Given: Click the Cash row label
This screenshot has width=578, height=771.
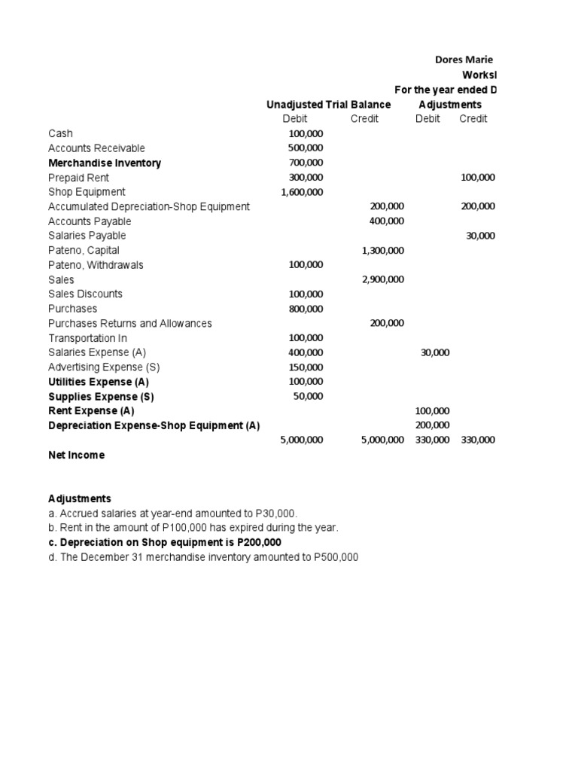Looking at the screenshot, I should click(x=60, y=133).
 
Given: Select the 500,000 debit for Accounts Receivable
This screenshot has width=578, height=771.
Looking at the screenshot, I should click(x=306, y=148).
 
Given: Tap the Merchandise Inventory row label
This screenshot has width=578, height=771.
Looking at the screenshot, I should click(x=105, y=163).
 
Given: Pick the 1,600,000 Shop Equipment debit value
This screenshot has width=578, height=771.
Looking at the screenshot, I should click(x=302, y=192).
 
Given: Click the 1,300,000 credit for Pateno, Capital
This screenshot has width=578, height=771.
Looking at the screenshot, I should click(x=383, y=250).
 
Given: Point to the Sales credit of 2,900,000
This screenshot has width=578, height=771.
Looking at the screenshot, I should click(x=383, y=279).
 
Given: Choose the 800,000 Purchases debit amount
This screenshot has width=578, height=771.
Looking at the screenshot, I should click(x=306, y=309).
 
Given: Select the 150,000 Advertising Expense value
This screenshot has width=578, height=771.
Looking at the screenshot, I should click(x=306, y=367).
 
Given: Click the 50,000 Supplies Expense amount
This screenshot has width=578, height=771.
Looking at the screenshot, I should click(x=308, y=396).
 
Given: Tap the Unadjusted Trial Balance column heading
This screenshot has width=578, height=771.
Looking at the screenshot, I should click(x=328, y=105).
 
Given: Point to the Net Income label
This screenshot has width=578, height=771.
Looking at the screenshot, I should click(x=77, y=455).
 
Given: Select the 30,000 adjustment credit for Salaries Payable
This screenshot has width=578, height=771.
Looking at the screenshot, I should click(x=481, y=236).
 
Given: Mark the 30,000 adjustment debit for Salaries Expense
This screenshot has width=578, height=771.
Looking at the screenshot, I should click(x=435, y=352).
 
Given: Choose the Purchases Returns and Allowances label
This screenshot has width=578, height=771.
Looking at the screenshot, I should click(x=130, y=323).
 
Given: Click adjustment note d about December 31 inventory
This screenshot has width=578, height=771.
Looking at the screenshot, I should click(x=203, y=556).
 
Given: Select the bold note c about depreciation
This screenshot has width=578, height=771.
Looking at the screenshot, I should click(x=166, y=542).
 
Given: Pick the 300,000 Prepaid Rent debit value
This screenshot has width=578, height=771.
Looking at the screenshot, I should click(x=306, y=178).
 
